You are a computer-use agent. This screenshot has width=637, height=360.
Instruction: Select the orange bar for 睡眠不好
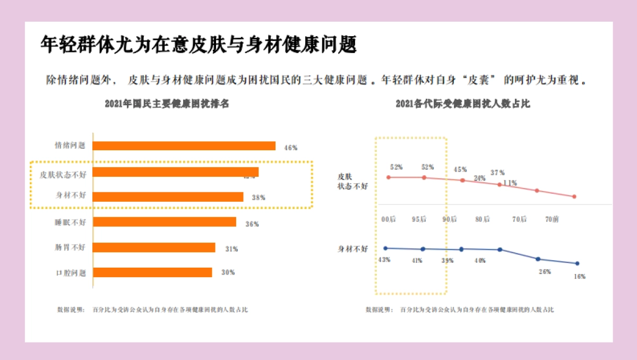165,222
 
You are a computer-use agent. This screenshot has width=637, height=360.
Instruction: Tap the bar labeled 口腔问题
152,272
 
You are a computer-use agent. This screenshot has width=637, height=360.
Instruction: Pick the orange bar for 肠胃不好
154,247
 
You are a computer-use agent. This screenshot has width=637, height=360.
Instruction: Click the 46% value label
291,148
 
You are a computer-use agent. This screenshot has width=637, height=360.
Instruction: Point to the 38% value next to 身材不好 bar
259,198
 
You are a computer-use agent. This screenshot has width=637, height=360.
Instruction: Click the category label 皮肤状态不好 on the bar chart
63,174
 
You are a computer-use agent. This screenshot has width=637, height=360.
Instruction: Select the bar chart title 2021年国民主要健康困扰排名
167,104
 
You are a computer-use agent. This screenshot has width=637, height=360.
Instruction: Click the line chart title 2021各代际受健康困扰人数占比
463,104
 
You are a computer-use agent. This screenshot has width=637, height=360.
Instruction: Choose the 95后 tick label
419,219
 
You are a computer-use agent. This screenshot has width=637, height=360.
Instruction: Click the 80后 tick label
483,219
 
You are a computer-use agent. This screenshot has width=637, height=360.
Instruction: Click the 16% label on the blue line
579,277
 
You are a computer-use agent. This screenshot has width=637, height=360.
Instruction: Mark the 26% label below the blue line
545,272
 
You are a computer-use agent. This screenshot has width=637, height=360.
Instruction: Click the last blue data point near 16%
577,263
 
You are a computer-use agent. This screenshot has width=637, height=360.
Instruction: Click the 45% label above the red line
460,170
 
